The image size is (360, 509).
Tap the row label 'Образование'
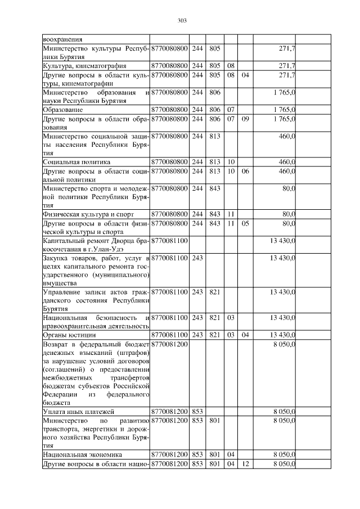click(x=62, y=110)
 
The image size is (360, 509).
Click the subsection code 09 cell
click(x=245, y=119)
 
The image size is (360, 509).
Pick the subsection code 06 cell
click(x=245, y=170)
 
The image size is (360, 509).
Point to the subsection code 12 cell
click(x=245, y=463)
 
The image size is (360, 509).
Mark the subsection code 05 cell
click(x=245, y=223)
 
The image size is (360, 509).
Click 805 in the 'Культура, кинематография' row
click(x=214, y=66)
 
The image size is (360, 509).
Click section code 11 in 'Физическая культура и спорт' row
click(x=230, y=214)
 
